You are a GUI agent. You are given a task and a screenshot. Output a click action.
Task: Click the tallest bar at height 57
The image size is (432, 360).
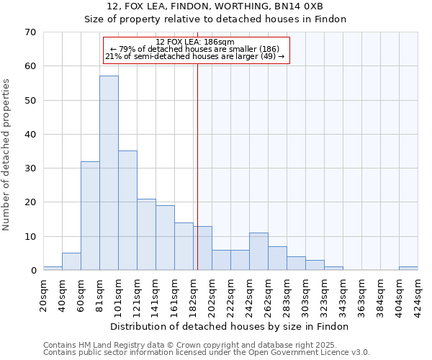(x=109, y=173)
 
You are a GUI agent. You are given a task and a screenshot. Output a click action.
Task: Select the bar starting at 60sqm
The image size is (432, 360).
(x=90, y=216)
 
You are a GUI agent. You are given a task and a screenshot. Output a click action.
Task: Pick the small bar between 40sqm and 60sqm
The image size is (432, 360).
(x=71, y=262)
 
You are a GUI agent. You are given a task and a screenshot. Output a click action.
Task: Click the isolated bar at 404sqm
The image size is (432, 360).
(x=408, y=269)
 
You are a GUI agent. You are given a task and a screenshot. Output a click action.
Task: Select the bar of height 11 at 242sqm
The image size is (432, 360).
(x=258, y=252)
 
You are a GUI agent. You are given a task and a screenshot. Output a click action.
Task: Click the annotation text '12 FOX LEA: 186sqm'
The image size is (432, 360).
(x=195, y=42)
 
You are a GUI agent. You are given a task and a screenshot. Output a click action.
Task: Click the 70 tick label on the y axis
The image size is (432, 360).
(x=30, y=32)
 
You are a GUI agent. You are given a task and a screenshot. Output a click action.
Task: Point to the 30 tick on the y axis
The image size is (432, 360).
(x=30, y=168)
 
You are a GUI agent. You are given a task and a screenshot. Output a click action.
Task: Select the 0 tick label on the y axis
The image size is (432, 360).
(x=33, y=271)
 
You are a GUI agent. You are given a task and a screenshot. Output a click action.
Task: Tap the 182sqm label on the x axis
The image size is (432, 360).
(x=194, y=294)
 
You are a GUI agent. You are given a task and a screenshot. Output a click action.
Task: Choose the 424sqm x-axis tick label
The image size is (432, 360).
(x=418, y=294)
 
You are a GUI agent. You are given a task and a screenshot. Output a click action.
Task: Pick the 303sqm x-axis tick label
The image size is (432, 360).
(x=306, y=294)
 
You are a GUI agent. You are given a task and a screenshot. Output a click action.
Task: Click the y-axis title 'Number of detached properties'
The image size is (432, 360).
(x=6, y=156)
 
